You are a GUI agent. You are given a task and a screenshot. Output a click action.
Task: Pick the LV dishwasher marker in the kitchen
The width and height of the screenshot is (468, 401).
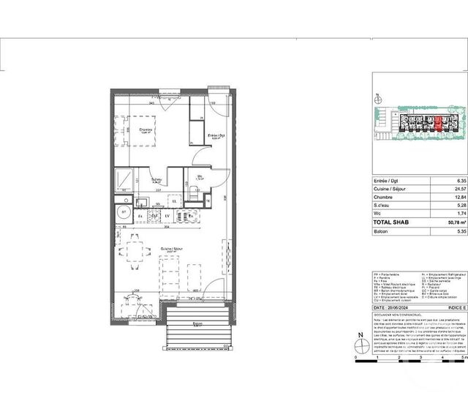click(167, 216)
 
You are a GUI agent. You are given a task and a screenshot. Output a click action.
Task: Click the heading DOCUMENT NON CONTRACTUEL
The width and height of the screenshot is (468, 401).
click(397, 316)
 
